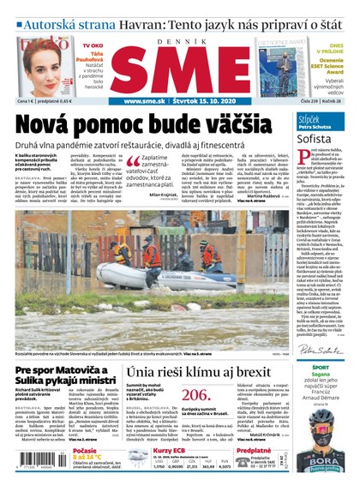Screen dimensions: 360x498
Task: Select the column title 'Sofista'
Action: pyautogui.click(x=315, y=137)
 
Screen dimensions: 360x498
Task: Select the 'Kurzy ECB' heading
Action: pyautogui.click(x=170, y=451)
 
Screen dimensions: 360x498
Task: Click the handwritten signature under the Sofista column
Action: pyautogui.click(x=318, y=349)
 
